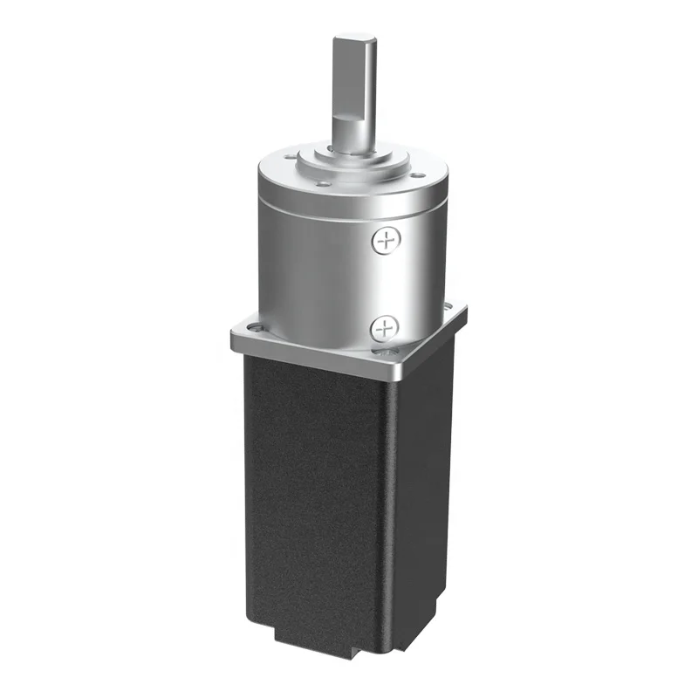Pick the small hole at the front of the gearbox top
coord(325,184)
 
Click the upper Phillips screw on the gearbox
coord(384,241)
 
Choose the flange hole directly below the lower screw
coord(385,352)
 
